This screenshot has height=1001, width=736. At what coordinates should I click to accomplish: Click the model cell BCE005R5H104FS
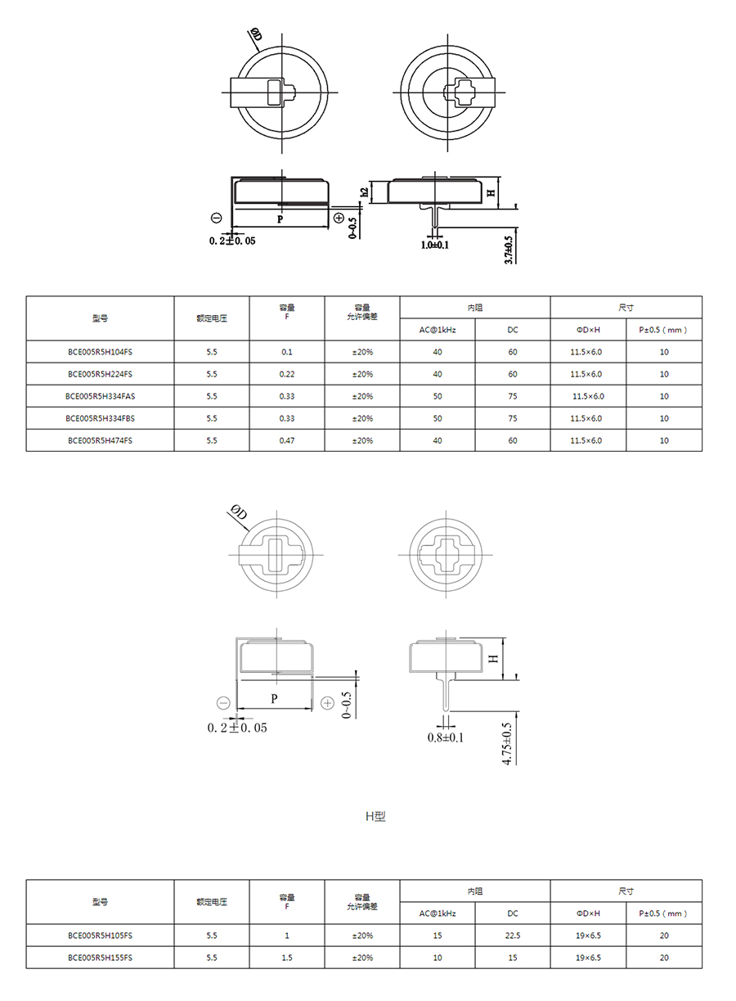tap(100, 352)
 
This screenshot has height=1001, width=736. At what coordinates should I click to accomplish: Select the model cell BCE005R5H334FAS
tap(100, 396)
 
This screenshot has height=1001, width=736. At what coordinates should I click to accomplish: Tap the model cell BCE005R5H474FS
tap(100, 440)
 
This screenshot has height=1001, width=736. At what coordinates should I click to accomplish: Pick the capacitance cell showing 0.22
tap(287, 374)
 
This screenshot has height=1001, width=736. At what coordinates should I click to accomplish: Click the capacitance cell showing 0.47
tap(287, 440)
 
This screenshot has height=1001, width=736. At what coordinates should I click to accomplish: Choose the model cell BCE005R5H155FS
tap(100, 958)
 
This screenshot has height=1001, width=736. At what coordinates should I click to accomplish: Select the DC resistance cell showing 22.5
tap(513, 936)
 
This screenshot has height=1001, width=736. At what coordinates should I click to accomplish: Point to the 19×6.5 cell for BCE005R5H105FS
tap(588, 936)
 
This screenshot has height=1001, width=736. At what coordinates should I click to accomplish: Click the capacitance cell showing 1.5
tap(287, 958)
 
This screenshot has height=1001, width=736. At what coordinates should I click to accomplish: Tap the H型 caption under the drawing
tap(375, 817)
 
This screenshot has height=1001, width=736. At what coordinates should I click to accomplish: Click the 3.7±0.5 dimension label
tap(509, 250)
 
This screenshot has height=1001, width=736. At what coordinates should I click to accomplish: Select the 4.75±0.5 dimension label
tap(507, 744)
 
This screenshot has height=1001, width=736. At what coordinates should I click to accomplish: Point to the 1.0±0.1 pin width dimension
tap(434, 245)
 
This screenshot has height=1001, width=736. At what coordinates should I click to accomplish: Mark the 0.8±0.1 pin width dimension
tap(445, 737)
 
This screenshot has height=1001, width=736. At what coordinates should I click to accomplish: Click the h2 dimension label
tap(365, 192)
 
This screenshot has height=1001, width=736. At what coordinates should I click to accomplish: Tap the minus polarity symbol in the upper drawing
tap(216, 218)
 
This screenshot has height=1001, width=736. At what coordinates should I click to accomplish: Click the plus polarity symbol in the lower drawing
tap(328, 703)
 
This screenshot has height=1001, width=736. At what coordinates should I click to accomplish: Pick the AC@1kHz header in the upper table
tap(438, 330)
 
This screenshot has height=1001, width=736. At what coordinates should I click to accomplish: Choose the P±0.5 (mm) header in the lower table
tap(663, 913)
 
